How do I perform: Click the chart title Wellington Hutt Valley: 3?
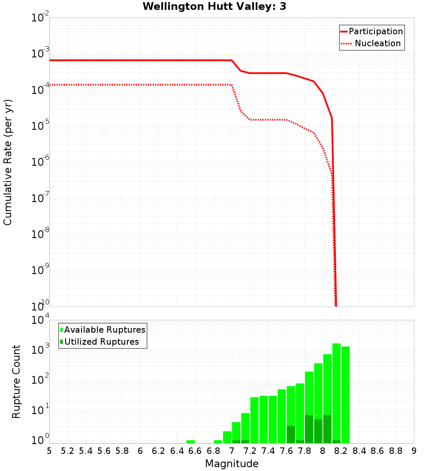[x=214, y=6]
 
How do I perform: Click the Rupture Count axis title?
[x=16, y=382]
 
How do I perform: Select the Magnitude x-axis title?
[x=232, y=464]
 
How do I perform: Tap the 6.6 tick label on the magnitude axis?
[x=195, y=450]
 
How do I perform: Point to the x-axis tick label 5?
[x=49, y=450]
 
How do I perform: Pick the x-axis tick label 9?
[x=414, y=450]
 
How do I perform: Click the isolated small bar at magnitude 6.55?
[x=190, y=441]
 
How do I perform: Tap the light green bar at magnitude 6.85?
[x=218, y=441]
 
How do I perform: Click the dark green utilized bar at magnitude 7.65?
[x=291, y=434]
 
